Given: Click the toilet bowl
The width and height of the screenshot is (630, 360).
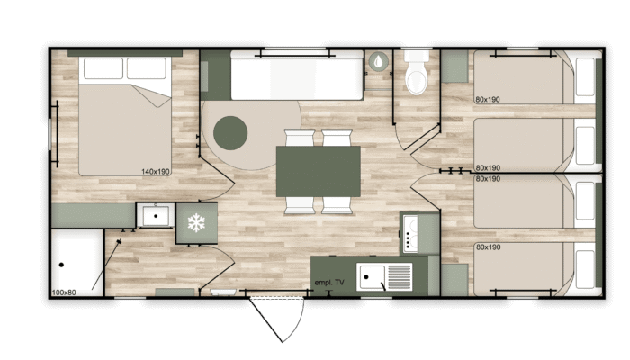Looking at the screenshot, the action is point(417,78).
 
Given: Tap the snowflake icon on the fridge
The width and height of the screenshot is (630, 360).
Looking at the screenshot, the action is point(196,222).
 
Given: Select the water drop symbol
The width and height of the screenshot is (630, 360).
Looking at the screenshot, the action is point(379,61).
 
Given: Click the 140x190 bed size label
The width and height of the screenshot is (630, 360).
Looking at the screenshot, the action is point(156,172).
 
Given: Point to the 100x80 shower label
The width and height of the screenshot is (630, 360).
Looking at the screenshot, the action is point(64,292).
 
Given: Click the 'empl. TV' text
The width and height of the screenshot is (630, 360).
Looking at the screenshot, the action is point(329,283).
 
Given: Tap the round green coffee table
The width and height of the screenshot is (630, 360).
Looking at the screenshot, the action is point(230,133).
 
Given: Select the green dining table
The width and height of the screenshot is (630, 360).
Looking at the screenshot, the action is point(319,172).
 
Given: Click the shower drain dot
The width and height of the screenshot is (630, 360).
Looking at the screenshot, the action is point(61,265).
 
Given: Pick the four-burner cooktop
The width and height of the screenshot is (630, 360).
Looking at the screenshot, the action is point(410,234).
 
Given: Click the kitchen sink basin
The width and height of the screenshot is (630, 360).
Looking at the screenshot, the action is point(372,276).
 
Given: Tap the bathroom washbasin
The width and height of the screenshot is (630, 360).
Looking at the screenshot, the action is point(156,216).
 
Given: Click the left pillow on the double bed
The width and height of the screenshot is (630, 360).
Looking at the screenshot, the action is point(103,68).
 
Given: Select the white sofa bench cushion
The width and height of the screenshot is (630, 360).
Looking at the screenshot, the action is point(297,75).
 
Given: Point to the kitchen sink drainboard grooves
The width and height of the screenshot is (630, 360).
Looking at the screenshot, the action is point(399,276).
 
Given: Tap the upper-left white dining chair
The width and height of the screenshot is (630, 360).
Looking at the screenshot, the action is point(300,138).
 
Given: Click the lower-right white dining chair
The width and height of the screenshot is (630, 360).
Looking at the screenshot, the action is point(337,205).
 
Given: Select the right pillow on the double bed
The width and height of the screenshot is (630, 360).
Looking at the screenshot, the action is point(147,68).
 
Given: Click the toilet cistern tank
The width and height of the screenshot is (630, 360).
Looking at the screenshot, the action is point(417,56).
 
